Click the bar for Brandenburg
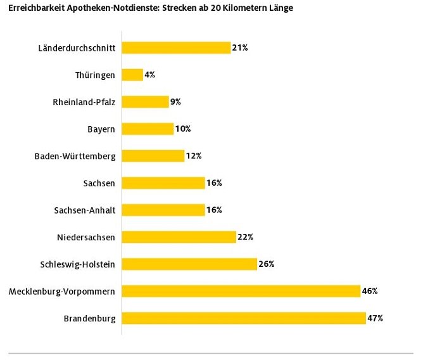click(244, 318)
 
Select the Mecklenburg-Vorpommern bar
click(241, 291)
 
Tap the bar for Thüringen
click(132, 75)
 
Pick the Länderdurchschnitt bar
click(176, 48)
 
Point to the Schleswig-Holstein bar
click(189, 264)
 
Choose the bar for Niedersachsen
click(179, 237)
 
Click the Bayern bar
click(148, 129)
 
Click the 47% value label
click(376, 318)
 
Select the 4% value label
click(150, 75)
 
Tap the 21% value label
click(239, 48)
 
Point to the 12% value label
click(193, 156)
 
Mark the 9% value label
click(176, 101)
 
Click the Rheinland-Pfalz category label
click(84, 102)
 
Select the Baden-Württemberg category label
click(75, 156)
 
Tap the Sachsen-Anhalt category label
click(84, 210)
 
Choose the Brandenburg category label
click(90, 318)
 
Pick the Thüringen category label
click(95, 75)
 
